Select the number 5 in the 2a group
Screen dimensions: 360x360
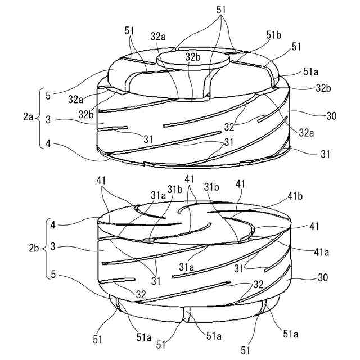pos(49,95)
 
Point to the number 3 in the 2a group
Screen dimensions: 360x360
pos(49,119)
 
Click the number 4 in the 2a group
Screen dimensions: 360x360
pos(49,144)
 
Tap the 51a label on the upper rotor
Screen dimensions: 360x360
pos(312,72)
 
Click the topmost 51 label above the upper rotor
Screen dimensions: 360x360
pos(220,11)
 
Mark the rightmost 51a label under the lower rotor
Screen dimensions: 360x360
pos(291,334)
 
